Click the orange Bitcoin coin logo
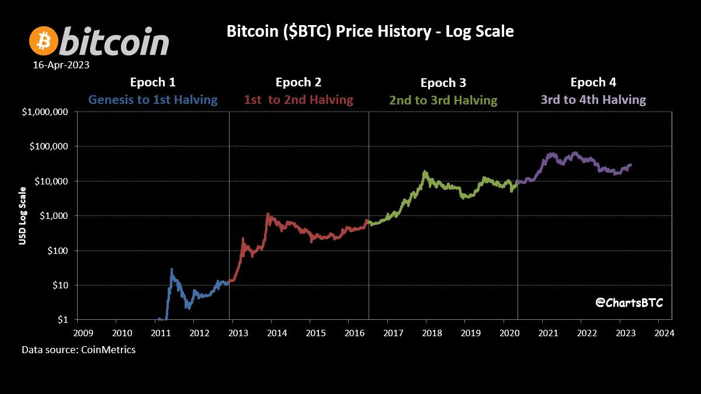(x=44, y=41)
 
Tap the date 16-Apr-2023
(x=61, y=65)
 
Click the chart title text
(x=370, y=31)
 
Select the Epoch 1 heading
(x=152, y=82)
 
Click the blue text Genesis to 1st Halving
(x=152, y=100)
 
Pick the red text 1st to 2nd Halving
(x=299, y=100)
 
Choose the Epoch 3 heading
(x=443, y=83)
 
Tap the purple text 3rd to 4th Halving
(x=593, y=100)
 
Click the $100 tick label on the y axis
(x=58, y=251)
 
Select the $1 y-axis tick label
(x=63, y=320)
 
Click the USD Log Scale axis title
(x=23, y=215)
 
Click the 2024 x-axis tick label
(x=665, y=333)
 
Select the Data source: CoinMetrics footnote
(x=79, y=350)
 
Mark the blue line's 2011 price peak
(x=172, y=269)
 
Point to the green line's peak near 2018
(x=425, y=172)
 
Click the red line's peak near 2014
(x=268, y=214)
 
